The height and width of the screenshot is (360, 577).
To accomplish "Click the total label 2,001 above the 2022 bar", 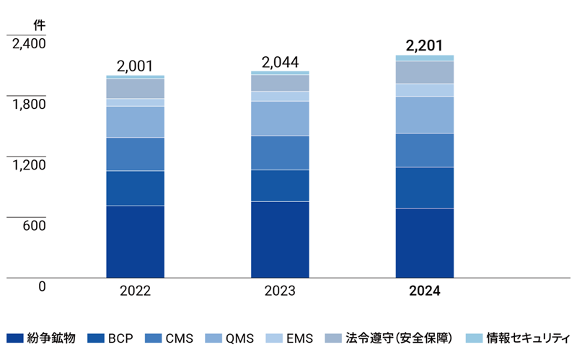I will coord(135,66).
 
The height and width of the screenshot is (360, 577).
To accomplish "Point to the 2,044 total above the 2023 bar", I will coord(280,63).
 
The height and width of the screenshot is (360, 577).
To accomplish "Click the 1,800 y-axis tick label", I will coord(29,104).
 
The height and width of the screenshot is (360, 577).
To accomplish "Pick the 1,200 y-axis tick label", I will coord(29,164).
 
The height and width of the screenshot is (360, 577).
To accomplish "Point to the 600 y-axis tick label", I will coord(33,226).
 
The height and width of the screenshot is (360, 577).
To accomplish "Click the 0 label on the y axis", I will coord(42,286).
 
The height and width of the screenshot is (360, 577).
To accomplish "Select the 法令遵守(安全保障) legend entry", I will coord(389,338).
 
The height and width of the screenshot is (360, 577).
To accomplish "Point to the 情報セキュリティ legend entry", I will coord(519,338).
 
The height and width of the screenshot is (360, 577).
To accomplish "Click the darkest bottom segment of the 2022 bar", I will coord(135,242).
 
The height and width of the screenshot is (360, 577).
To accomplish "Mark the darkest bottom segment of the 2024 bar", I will coord(425,243).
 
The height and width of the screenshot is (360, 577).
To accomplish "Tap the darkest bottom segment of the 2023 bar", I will coord(280,240).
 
